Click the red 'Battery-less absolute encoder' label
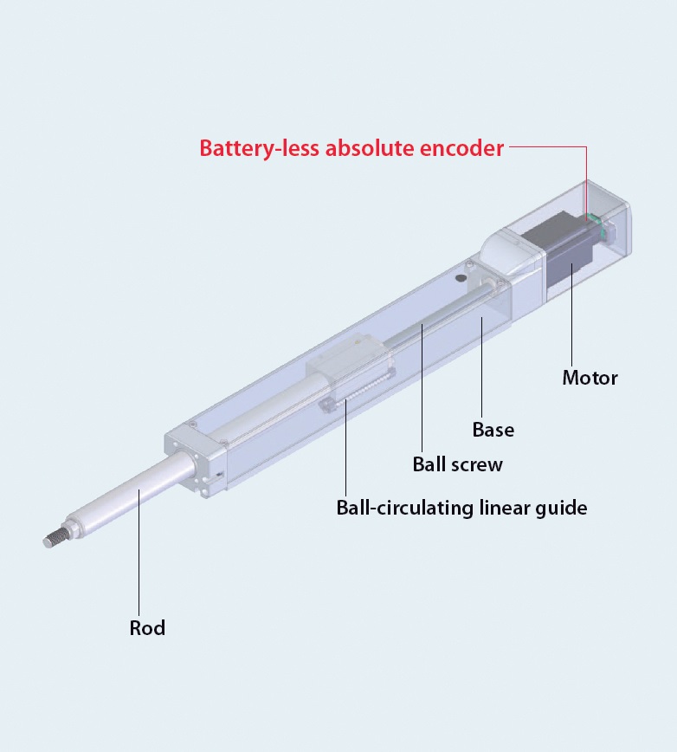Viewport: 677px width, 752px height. [351, 148]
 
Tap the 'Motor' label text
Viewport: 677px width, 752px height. [590, 378]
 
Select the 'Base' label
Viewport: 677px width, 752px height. [493, 430]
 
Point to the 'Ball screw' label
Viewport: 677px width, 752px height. [458, 464]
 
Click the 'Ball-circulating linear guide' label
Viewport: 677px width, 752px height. [462, 508]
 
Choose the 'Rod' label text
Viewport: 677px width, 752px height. [147, 628]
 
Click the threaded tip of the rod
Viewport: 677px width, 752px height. [55, 540]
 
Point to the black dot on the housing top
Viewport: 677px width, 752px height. [461, 278]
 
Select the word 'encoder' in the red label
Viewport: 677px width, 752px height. [461, 148]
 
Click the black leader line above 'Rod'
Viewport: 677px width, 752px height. [139, 553]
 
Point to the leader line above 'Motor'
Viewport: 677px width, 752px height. [571, 315]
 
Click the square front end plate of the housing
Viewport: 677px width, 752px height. [194, 460]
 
